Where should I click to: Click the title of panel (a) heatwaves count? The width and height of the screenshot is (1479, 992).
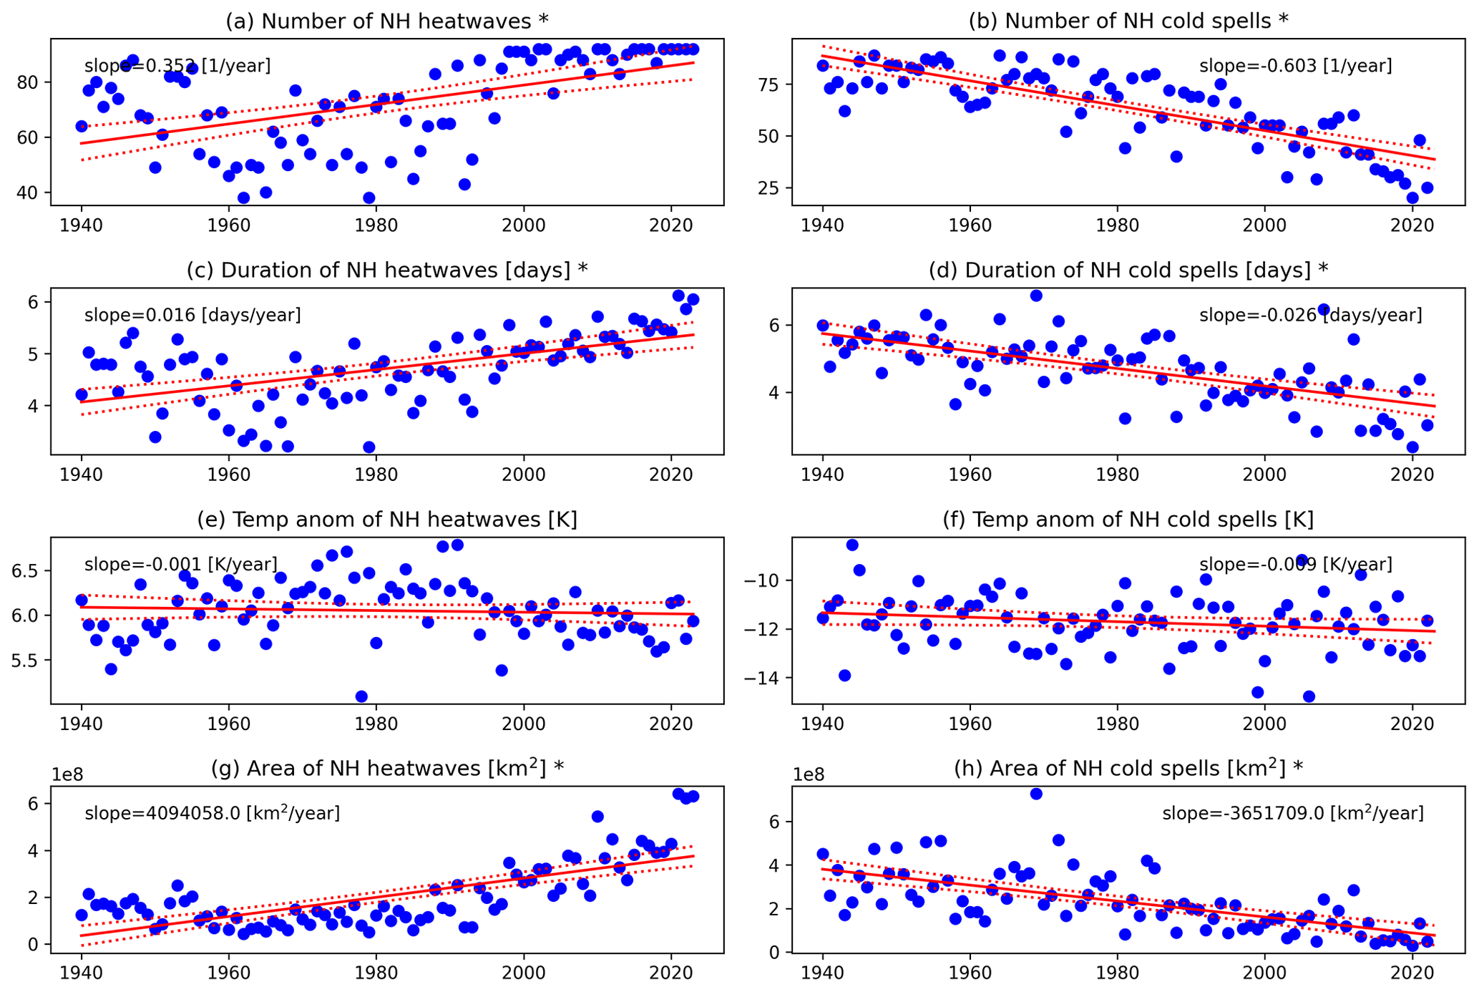coord(387,21)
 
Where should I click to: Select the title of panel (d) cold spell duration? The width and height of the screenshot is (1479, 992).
coord(1128,271)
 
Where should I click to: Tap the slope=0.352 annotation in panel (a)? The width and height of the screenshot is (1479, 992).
coord(177,67)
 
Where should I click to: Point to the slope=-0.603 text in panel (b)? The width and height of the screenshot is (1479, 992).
coord(1295,67)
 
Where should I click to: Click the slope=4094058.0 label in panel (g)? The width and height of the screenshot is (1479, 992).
coord(212,814)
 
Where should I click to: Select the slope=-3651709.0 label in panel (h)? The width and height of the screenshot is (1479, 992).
coord(1292,814)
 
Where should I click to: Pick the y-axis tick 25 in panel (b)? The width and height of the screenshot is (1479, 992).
coord(774,188)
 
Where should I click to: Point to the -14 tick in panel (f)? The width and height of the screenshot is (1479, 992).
coord(770,679)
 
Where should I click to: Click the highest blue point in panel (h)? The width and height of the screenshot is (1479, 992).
coord(1036,794)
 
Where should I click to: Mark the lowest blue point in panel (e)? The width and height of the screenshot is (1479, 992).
coord(361,696)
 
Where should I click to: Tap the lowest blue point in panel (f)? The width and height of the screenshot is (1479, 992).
coord(1309,696)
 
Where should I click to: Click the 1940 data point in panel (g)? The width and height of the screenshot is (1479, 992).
coord(82,915)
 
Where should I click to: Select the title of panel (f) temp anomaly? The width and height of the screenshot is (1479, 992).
coord(1128,520)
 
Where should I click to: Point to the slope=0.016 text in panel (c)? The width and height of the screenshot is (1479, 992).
coord(192,316)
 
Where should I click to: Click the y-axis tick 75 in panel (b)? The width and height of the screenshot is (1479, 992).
coord(774,84)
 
